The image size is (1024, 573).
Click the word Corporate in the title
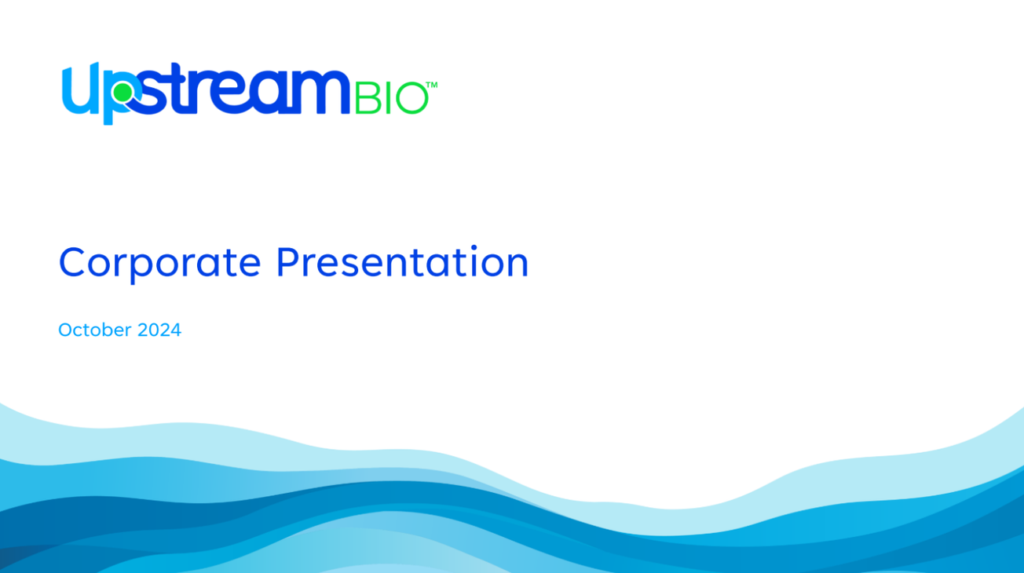point(159,262)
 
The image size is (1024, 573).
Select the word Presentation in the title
point(402,262)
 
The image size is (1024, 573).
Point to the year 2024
point(159,330)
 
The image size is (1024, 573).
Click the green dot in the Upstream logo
point(122,93)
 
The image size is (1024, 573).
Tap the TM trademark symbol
point(431,84)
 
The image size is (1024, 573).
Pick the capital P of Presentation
point(286,262)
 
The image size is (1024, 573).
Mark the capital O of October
point(65,330)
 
